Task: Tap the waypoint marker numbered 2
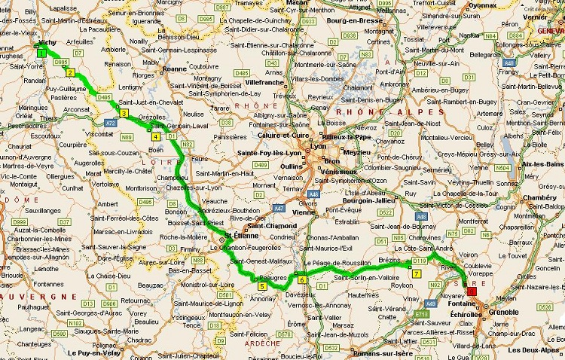[x=70, y=73]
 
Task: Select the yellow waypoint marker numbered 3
[x=122, y=114]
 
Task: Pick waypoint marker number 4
[x=154, y=137]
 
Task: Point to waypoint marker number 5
[x=262, y=286]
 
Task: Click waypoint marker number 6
[x=301, y=280]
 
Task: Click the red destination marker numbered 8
[x=472, y=291]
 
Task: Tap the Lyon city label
[x=318, y=147]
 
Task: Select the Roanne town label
[x=175, y=68]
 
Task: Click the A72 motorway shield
[x=110, y=121]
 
